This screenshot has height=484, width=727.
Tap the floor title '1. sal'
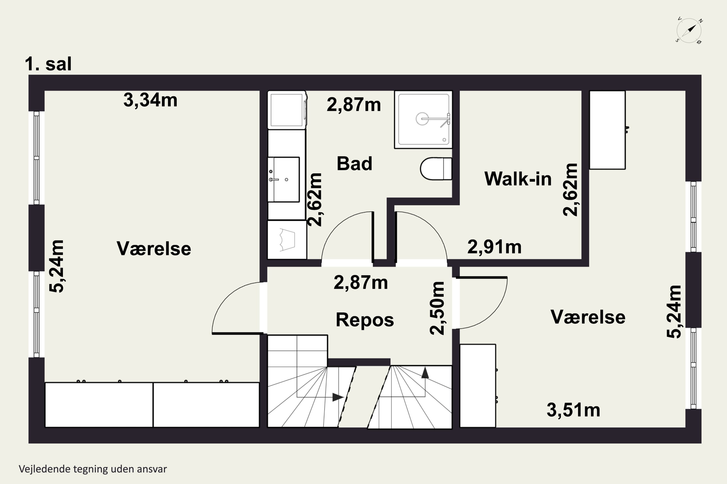(x=48, y=64)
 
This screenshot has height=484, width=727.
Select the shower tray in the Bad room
(x=423, y=120)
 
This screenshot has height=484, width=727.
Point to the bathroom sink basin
(x=284, y=180)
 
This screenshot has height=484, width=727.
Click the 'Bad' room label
(x=354, y=164)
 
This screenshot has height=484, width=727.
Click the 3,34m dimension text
(x=150, y=100)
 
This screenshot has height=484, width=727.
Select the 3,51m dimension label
(x=573, y=410)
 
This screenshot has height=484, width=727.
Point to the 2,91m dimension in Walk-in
(x=494, y=247)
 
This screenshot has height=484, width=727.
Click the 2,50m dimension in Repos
(x=437, y=308)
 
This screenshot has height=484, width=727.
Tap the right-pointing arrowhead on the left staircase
(x=338, y=397)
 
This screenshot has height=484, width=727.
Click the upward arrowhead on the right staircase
(x=425, y=373)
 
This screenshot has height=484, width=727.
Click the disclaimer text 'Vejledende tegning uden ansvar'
(x=93, y=469)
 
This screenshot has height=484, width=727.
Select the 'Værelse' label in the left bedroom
(x=154, y=249)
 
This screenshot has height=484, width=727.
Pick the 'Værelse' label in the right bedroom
(x=588, y=317)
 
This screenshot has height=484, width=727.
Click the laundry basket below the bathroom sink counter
(x=287, y=240)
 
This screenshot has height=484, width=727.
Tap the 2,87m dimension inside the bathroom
(x=354, y=105)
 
